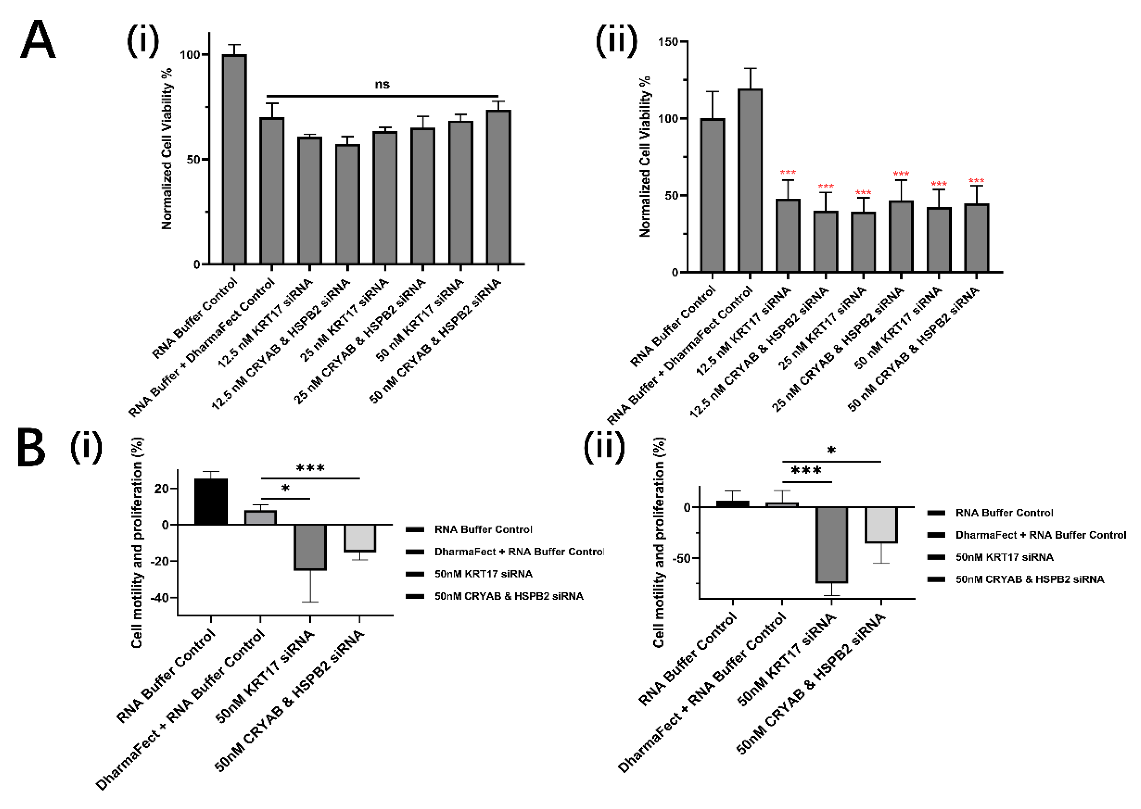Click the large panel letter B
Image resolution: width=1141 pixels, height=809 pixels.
[x=31, y=447]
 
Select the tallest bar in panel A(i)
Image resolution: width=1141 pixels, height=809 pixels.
[x=234, y=159]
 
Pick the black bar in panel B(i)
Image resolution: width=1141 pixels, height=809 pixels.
[x=211, y=502]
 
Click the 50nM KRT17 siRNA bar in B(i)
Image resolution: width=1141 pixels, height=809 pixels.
[x=310, y=546]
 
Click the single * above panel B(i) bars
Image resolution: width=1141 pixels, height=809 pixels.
[x=285, y=488]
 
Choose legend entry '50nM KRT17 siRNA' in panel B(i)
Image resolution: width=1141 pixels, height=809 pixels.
[x=483, y=574]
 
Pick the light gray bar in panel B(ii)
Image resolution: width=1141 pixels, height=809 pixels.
[x=881, y=524]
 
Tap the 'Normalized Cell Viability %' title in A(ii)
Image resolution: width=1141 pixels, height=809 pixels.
[x=644, y=157]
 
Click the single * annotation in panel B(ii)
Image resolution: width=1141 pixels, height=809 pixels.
[x=831, y=451]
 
